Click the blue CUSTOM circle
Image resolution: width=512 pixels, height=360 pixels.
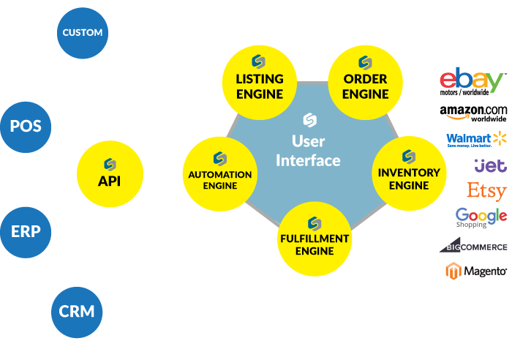pyautogui.click(x=83, y=33)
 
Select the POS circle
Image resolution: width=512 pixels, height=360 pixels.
pyautogui.click(x=26, y=127)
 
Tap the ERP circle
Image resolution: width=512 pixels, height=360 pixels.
pyautogui.click(x=26, y=232)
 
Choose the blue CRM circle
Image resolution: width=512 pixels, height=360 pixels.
pyautogui.click(x=77, y=310)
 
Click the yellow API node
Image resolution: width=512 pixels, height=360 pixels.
pyautogui.click(x=109, y=173)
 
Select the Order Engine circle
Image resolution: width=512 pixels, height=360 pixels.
pyautogui.click(x=365, y=78)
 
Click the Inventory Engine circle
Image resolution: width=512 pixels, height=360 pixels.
pyautogui.click(x=409, y=173)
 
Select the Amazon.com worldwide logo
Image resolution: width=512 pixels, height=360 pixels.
pyautogui.click(x=473, y=113)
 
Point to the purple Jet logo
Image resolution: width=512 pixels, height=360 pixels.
pyautogui.click(x=489, y=165)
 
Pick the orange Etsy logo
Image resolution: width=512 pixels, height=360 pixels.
pyautogui.click(x=486, y=191)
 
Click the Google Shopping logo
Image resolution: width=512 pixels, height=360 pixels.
pyautogui.click(x=481, y=217)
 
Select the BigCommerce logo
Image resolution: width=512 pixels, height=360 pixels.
pyautogui.click(x=473, y=246)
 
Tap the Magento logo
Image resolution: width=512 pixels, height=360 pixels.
pyautogui.click(x=476, y=271)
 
